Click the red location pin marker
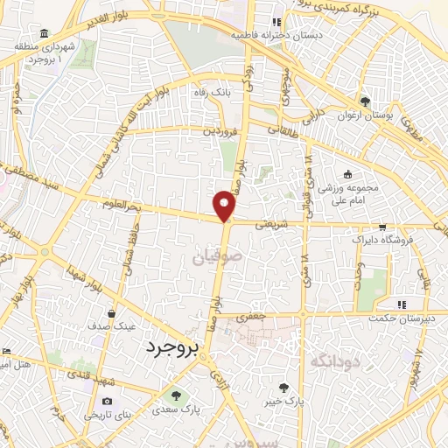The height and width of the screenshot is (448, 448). tap(225, 205)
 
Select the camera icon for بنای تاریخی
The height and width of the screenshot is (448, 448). tap(107, 402)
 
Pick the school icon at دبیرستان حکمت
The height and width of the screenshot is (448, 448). tap(402, 304)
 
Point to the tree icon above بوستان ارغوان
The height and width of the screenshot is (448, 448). tap(365, 101)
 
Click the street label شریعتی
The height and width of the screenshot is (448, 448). tap(270, 224)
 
